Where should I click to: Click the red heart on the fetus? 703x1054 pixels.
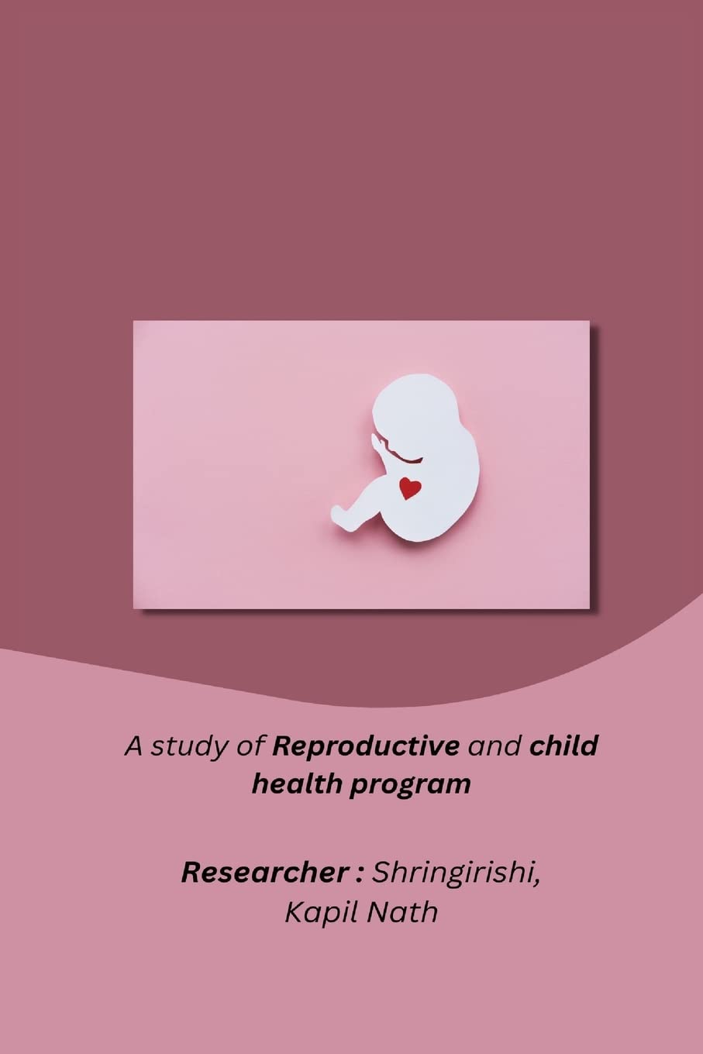click(410, 488)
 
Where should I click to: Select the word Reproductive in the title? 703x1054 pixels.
click(366, 746)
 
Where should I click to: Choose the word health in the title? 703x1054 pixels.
click(297, 784)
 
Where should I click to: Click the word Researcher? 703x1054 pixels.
click(264, 873)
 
